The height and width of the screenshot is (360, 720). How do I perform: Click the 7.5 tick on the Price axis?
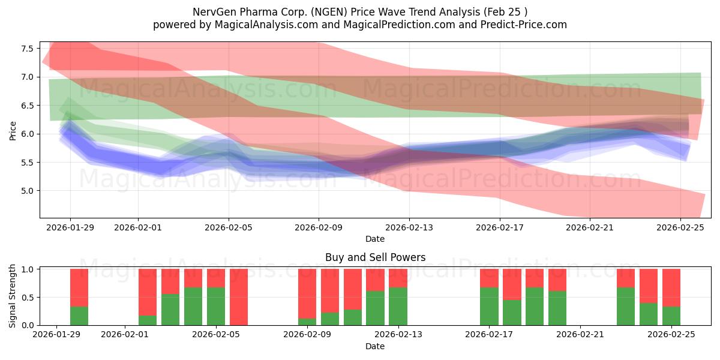click(x=26, y=48)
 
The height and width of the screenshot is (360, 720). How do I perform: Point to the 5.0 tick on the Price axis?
click(x=26, y=191)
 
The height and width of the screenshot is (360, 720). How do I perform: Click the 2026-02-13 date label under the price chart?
click(x=409, y=227)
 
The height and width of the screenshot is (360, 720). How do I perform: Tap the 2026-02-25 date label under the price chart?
click(x=680, y=227)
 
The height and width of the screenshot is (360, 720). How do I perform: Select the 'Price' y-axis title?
click(x=13, y=130)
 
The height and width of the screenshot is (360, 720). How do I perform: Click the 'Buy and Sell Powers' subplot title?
click(x=375, y=257)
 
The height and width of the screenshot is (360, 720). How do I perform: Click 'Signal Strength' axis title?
click(x=13, y=296)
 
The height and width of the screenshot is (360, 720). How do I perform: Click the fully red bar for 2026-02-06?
click(x=239, y=297)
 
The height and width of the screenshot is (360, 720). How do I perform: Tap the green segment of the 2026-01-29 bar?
click(x=79, y=316)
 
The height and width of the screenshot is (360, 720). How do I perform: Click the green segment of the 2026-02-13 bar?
click(x=398, y=306)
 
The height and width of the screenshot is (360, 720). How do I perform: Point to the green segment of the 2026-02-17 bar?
click(x=489, y=306)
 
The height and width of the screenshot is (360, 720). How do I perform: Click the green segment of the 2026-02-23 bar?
click(x=626, y=306)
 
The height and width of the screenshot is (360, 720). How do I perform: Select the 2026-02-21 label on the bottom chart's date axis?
click(x=581, y=335)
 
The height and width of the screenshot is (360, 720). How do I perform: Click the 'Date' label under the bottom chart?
click(x=375, y=346)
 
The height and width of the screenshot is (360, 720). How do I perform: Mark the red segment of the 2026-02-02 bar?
click(x=148, y=291)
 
